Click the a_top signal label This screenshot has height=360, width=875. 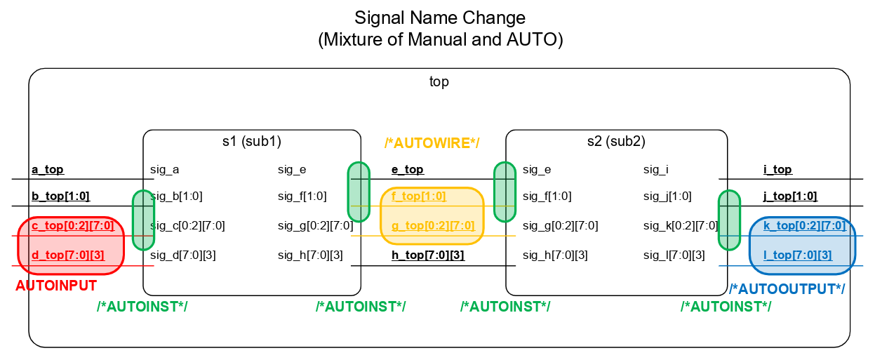click(x=48, y=170)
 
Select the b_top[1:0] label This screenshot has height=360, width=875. click(x=60, y=196)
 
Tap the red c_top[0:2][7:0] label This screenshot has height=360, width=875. click(x=73, y=226)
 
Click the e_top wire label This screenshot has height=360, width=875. click(x=407, y=170)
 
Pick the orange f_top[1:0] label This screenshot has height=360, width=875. click(x=419, y=196)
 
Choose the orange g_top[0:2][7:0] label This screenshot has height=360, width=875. click(x=433, y=226)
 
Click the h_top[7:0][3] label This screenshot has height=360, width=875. click(x=428, y=255)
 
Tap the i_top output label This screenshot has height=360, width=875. click(x=777, y=170)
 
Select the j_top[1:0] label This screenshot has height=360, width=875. click(x=790, y=196)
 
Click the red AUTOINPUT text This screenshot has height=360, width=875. click(x=56, y=286)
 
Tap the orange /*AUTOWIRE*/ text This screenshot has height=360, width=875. click(x=432, y=144)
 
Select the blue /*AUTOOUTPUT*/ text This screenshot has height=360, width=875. click(x=787, y=289)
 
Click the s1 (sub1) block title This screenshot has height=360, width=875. click(x=251, y=141)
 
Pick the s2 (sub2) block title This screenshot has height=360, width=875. click(x=616, y=141)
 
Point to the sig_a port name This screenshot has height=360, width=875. click(x=165, y=170)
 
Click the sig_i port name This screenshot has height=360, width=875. click(x=656, y=170)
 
